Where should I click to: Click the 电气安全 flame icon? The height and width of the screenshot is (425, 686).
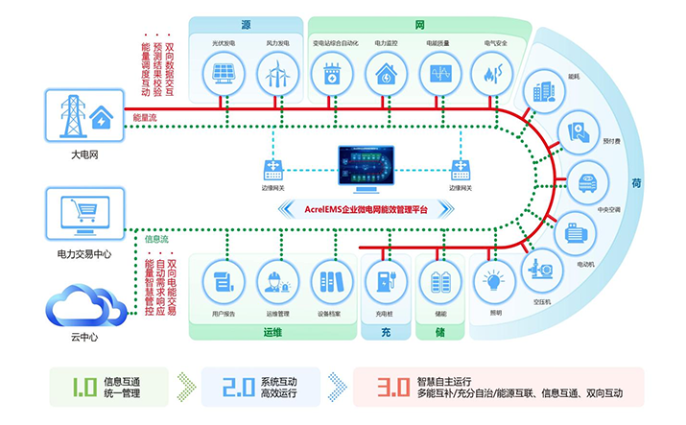[495, 73]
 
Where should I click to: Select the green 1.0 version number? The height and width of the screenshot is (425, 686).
[84, 388]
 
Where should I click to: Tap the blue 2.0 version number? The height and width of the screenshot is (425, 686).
[236, 388]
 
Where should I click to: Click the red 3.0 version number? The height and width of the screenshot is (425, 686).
[393, 388]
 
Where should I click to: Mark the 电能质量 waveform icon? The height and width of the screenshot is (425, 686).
[440, 73]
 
